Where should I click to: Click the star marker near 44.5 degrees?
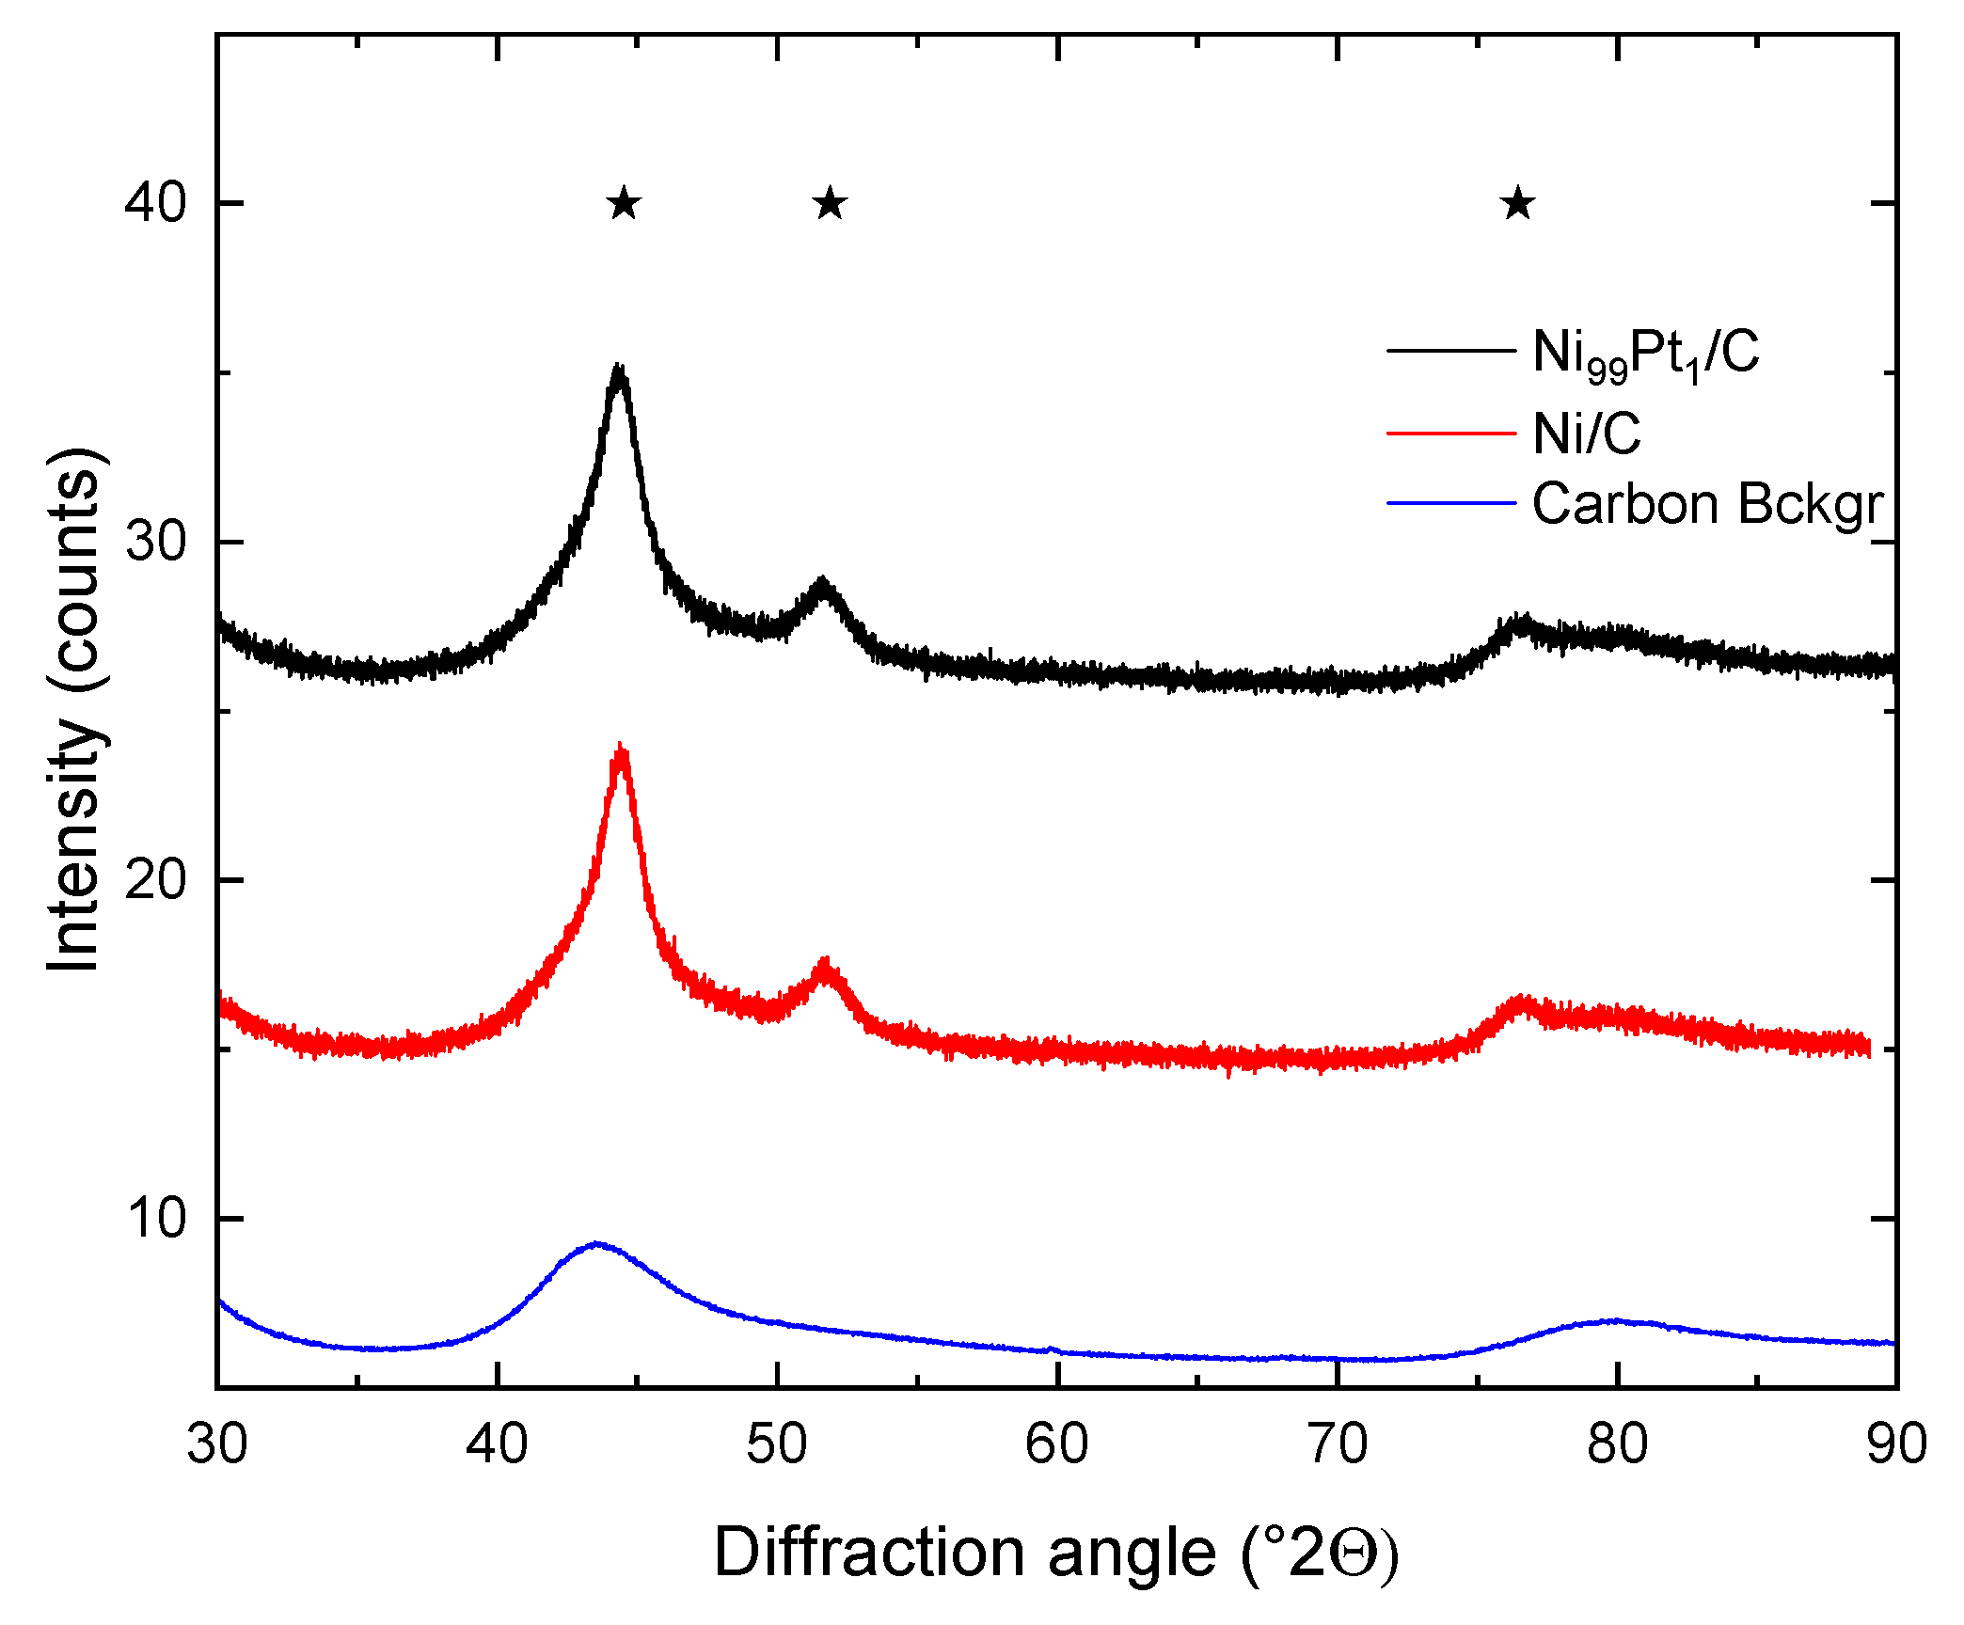pyautogui.click(x=625, y=203)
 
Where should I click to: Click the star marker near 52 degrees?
pyautogui.click(x=830, y=203)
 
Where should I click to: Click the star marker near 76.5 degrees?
pyautogui.click(x=1518, y=203)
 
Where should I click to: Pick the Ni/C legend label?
pyautogui.click(x=1586, y=434)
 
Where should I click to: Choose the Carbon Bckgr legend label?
pyautogui.click(x=1707, y=505)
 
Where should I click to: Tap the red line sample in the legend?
pyautogui.click(x=1451, y=434)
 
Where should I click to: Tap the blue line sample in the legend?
pyautogui.click(x=1451, y=504)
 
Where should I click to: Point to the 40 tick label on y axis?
pyautogui.click(x=156, y=203)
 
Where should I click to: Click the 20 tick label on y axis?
pyautogui.click(x=156, y=880)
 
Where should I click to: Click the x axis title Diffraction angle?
pyautogui.click(x=1055, y=1554)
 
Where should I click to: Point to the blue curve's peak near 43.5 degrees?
pyautogui.click(x=595, y=1244)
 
